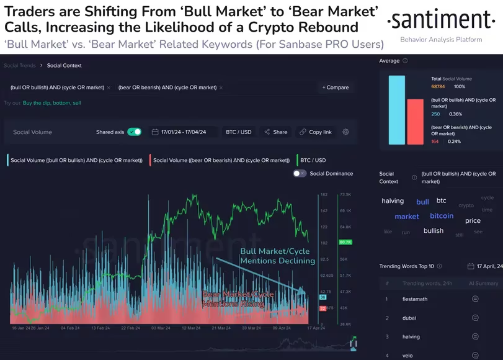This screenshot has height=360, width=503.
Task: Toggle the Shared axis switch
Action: (x=134, y=132)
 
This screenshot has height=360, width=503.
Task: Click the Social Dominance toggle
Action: (x=300, y=174)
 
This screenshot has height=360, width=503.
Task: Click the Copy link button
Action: (x=315, y=132)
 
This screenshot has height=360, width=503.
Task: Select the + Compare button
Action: (x=336, y=88)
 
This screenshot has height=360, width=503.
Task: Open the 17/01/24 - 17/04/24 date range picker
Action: (x=184, y=132)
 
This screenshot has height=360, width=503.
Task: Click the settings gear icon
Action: (x=345, y=132)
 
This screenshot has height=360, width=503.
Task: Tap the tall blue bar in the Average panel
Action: (x=397, y=110)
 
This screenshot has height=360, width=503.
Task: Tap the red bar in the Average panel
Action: (x=415, y=122)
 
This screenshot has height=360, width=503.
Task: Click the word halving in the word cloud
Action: (x=393, y=201)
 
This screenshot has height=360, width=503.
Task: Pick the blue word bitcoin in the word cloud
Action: (x=442, y=216)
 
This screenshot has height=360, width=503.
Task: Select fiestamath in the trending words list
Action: (x=415, y=299)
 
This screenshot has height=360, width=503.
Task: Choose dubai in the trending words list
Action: (x=409, y=318)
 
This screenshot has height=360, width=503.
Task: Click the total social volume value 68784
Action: (x=439, y=86)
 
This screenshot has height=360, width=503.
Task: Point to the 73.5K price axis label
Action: (x=345, y=195)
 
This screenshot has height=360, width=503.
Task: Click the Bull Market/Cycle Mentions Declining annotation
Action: (x=278, y=256)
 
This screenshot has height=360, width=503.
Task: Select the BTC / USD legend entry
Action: (x=313, y=160)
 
